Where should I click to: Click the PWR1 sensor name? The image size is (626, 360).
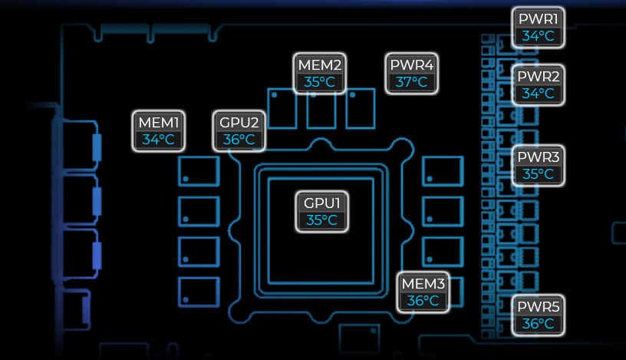point(539,19)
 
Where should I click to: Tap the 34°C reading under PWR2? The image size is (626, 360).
point(539,94)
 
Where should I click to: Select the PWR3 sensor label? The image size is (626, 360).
point(539,157)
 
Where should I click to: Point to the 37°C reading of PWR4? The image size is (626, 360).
point(412,82)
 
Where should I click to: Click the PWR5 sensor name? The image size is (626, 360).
point(539,307)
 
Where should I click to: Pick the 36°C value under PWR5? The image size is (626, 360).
point(539,324)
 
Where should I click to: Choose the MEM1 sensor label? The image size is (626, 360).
point(159,122)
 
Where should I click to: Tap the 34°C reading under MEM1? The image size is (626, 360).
point(159,140)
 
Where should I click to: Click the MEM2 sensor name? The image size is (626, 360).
point(320,64)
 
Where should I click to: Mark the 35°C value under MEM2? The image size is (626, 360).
point(320,82)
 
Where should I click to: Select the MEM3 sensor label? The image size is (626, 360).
point(423,284)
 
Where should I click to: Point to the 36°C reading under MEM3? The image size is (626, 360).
point(423,301)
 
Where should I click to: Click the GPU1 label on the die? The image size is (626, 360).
point(322,203)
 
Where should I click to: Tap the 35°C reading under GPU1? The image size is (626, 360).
point(322,220)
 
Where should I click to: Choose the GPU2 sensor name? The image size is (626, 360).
point(239,122)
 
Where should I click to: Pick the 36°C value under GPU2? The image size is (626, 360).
point(239,140)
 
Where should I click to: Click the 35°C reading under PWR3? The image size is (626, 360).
point(539,174)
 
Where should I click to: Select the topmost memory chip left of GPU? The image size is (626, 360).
point(199,170)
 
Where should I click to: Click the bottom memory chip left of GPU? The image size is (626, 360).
point(199,292)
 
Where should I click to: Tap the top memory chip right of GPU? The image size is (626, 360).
point(443,170)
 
